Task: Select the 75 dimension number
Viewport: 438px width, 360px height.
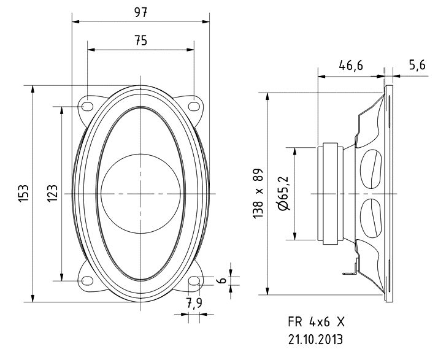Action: coord(140,40)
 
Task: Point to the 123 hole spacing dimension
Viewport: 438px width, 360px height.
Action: coord(53,194)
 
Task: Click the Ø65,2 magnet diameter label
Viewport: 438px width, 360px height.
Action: coord(285,193)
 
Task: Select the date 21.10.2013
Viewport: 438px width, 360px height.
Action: coord(314,338)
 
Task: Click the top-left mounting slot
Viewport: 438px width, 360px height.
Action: coord(87,105)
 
